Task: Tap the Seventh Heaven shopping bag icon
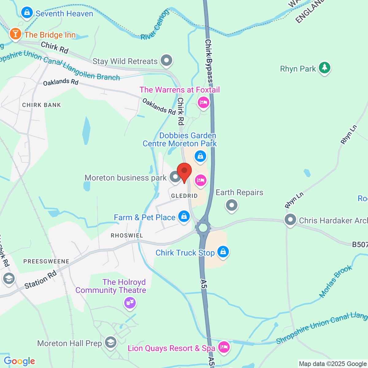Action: click(27, 13)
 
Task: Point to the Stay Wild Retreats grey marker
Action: click(167, 60)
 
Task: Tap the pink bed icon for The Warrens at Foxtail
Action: click(203, 102)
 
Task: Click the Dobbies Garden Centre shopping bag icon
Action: click(200, 156)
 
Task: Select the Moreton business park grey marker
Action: click(175, 177)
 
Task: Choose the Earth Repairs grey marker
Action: click(232, 205)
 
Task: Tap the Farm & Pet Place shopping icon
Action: click(184, 217)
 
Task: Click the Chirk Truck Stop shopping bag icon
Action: click(223, 252)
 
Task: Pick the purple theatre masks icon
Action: click(130, 303)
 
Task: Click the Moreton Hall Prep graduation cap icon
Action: click(110, 342)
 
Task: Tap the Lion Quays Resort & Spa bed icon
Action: click(224, 347)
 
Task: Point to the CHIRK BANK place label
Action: click(41, 105)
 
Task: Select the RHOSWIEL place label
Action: click(127, 236)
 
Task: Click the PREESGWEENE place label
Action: click(46, 262)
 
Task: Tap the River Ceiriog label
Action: click(155, 25)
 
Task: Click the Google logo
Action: click(19, 361)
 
